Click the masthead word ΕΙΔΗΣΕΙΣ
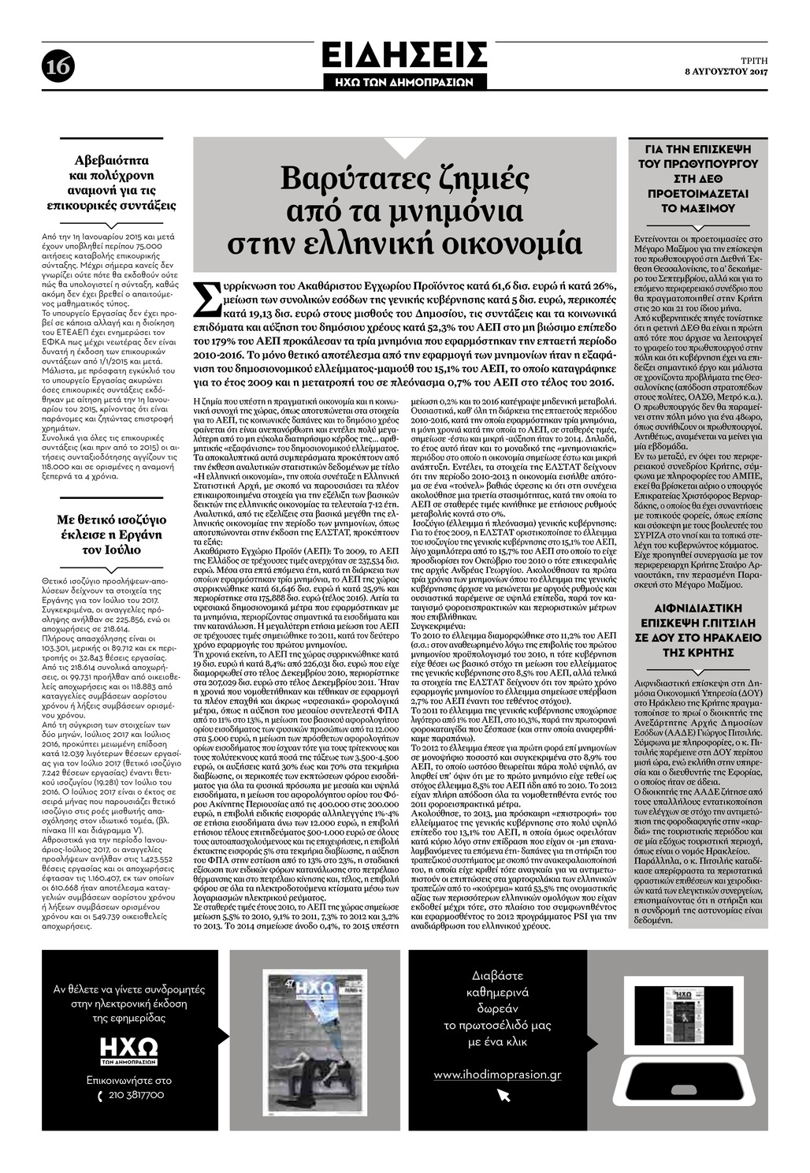click(x=404, y=56)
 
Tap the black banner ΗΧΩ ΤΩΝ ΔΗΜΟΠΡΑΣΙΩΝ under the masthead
click(x=404, y=81)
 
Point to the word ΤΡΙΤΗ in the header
click(x=753, y=60)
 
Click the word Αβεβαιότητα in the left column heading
click(x=110, y=160)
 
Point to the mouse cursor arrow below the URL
click(x=503, y=1095)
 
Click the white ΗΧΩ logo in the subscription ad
click(x=129, y=1047)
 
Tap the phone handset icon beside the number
click(x=99, y=1096)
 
